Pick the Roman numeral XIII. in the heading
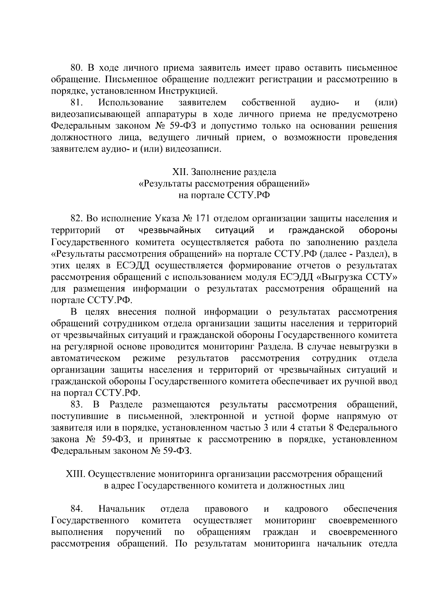click(75, 474)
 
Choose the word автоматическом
click(86, 358)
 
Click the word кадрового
click(306, 509)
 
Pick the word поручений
click(139, 532)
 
